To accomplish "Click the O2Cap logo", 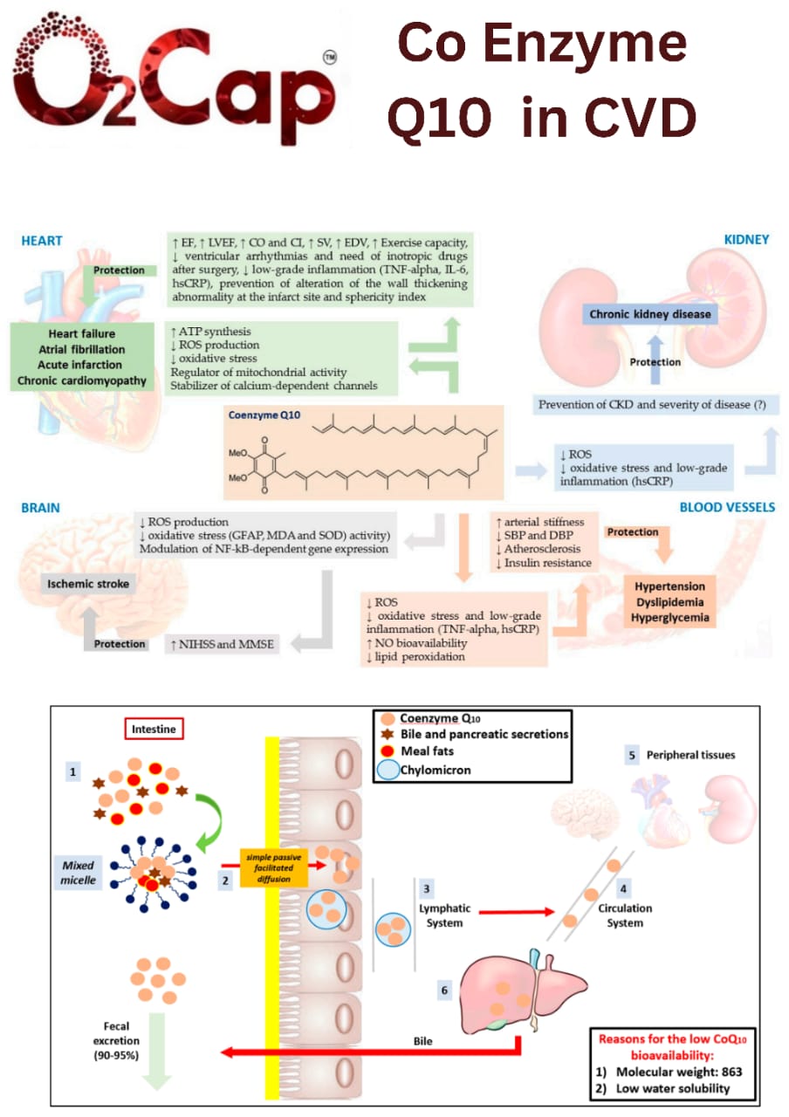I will coord(175,74).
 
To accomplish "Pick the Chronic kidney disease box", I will coord(649,314).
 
